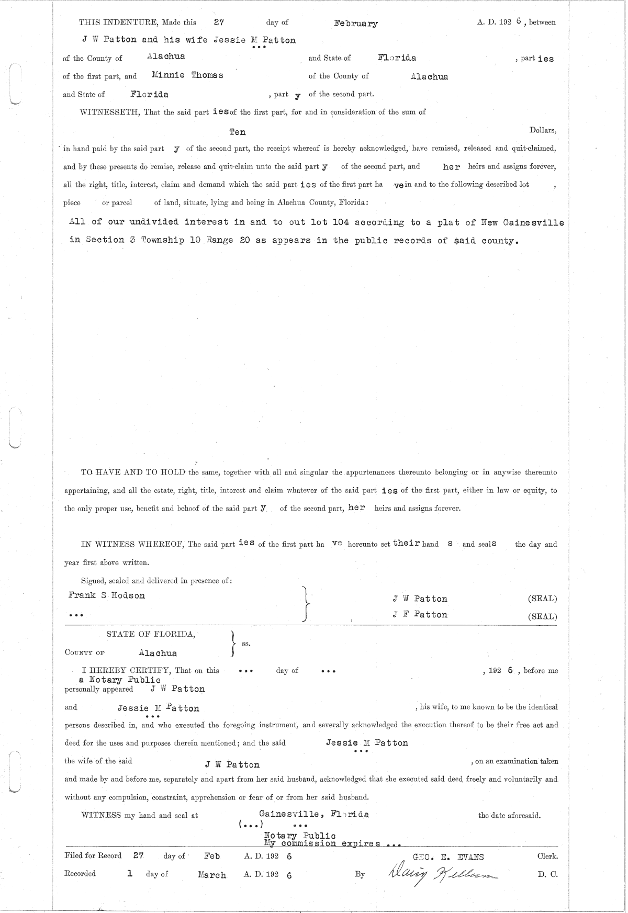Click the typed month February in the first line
click(x=355, y=24)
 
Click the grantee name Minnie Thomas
click(x=187, y=75)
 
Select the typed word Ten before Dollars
click(x=237, y=132)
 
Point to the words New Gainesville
click(x=514, y=222)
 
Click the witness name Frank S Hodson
click(x=106, y=595)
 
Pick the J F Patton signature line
click(x=420, y=615)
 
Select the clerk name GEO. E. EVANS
click(x=448, y=857)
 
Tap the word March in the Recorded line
click(x=212, y=875)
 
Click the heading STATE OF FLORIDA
click(x=151, y=634)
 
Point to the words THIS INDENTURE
click(x=119, y=22)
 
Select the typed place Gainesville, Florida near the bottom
click(x=313, y=814)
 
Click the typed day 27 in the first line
click(x=219, y=22)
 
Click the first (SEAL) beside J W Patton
click(x=542, y=599)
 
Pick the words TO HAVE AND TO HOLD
click(x=133, y=472)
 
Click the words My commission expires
click(x=322, y=844)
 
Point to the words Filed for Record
click(x=93, y=856)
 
